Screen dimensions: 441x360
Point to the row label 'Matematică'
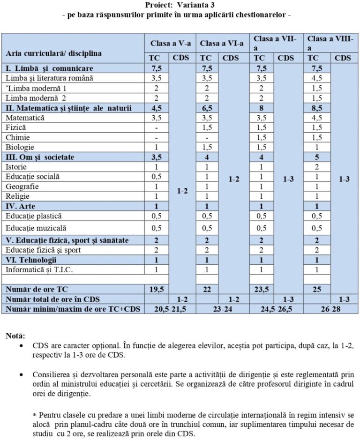point(25,118)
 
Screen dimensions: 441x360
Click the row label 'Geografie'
point(22,186)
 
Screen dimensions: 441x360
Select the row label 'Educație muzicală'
point(36,228)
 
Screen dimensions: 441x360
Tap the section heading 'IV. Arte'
point(21,206)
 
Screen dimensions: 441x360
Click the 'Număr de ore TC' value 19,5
point(156,289)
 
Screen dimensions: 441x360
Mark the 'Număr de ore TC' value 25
point(317,289)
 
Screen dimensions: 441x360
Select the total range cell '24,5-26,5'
point(276,309)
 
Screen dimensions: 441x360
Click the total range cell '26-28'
point(330,309)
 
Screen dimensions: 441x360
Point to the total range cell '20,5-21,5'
point(170,309)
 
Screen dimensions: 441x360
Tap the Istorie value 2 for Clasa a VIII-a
point(317,166)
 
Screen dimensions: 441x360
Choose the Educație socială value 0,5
point(156,176)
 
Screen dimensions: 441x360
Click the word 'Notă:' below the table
point(16,336)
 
